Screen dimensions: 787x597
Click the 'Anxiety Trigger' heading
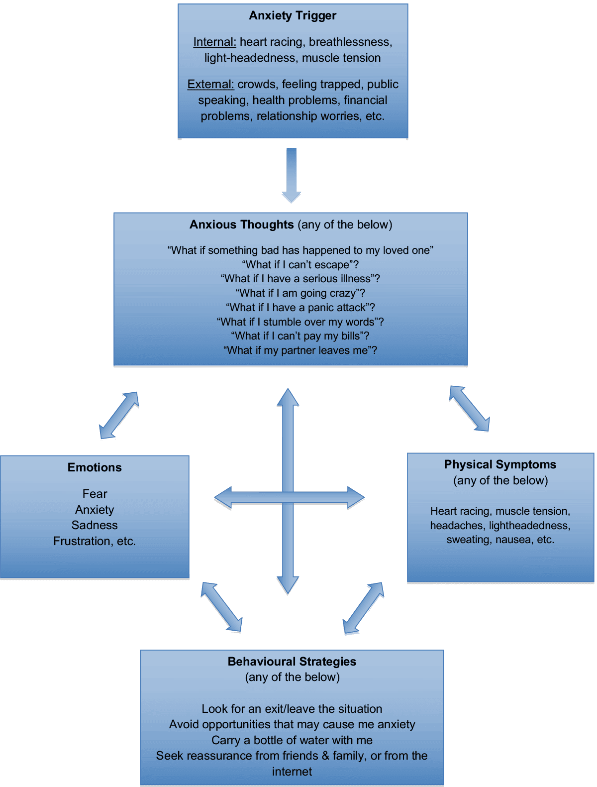tap(293, 15)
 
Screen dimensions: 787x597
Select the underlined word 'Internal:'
tap(214, 42)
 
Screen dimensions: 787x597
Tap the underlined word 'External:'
tap(210, 84)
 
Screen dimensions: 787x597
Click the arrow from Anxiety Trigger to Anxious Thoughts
tap(291, 174)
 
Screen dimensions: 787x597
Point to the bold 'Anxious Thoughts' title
tap(242, 225)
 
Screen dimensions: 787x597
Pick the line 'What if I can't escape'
tap(300, 264)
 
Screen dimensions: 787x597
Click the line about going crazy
tap(300, 293)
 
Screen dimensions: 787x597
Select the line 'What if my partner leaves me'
tap(300, 350)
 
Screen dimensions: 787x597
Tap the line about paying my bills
tap(300, 336)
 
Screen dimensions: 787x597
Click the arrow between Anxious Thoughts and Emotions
tap(119, 415)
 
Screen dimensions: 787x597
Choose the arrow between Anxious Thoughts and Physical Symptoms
tap(469, 408)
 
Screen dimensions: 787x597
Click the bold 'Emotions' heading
tap(95, 467)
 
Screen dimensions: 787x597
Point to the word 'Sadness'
tap(95, 525)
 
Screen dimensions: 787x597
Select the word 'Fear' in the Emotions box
tap(95, 494)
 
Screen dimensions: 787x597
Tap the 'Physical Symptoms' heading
tap(500, 464)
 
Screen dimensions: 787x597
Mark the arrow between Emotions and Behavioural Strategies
tap(221, 607)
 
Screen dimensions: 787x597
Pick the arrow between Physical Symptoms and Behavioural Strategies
tap(364, 608)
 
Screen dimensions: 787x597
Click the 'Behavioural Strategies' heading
tap(292, 662)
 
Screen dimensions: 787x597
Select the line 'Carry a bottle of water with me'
tap(292, 740)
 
